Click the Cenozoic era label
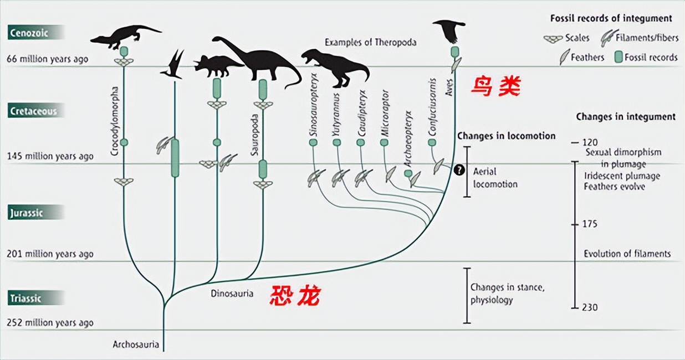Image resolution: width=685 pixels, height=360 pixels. [x=29, y=33]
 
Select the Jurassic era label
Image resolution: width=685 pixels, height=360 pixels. [x=27, y=213]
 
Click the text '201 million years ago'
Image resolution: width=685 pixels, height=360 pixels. [x=50, y=254]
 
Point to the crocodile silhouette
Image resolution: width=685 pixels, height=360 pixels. [x=125, y=35]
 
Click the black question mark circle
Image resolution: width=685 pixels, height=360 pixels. [x=459, y=170]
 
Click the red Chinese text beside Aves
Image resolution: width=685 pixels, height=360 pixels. [x=496, y=87]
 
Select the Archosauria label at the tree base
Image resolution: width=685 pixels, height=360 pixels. [x=136, y=344]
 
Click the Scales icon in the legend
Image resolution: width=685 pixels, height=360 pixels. [x=552, y=39]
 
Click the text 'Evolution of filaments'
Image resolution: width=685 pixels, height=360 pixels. [x=627, y=254]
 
